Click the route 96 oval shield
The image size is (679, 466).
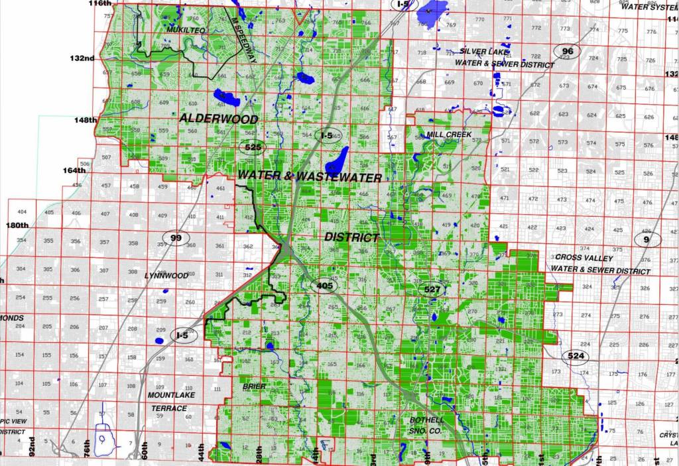point(568,51)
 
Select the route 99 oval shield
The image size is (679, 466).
point(176,238)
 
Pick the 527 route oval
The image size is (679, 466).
point(432,289)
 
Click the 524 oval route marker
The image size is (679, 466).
point(576,357)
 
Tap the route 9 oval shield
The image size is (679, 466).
point(647,239)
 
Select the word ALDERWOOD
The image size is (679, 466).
point(218,118)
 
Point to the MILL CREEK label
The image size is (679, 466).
point(449,135)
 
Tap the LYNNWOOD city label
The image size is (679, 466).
point(166,275)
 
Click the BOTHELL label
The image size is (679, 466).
point(426,420)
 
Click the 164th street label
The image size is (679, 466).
point(74,170)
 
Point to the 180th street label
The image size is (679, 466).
point(17,225)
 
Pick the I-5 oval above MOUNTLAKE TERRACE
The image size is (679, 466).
point(182,335)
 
